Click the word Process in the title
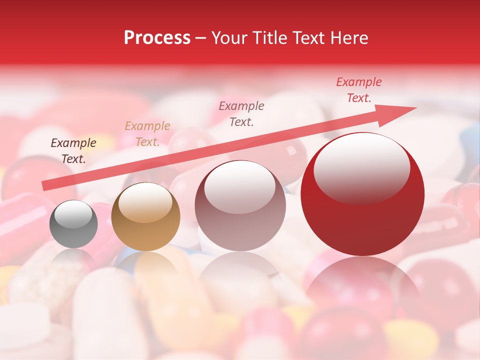[157, 38]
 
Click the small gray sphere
[73, 224]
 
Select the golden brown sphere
[145, 217]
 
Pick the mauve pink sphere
[240, 205]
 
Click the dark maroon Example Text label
[73, 151]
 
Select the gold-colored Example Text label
[147, 134]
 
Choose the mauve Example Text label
[241, 113]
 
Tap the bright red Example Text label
[358, 90]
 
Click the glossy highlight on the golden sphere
[145, 202]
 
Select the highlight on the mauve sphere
[240, 186]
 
